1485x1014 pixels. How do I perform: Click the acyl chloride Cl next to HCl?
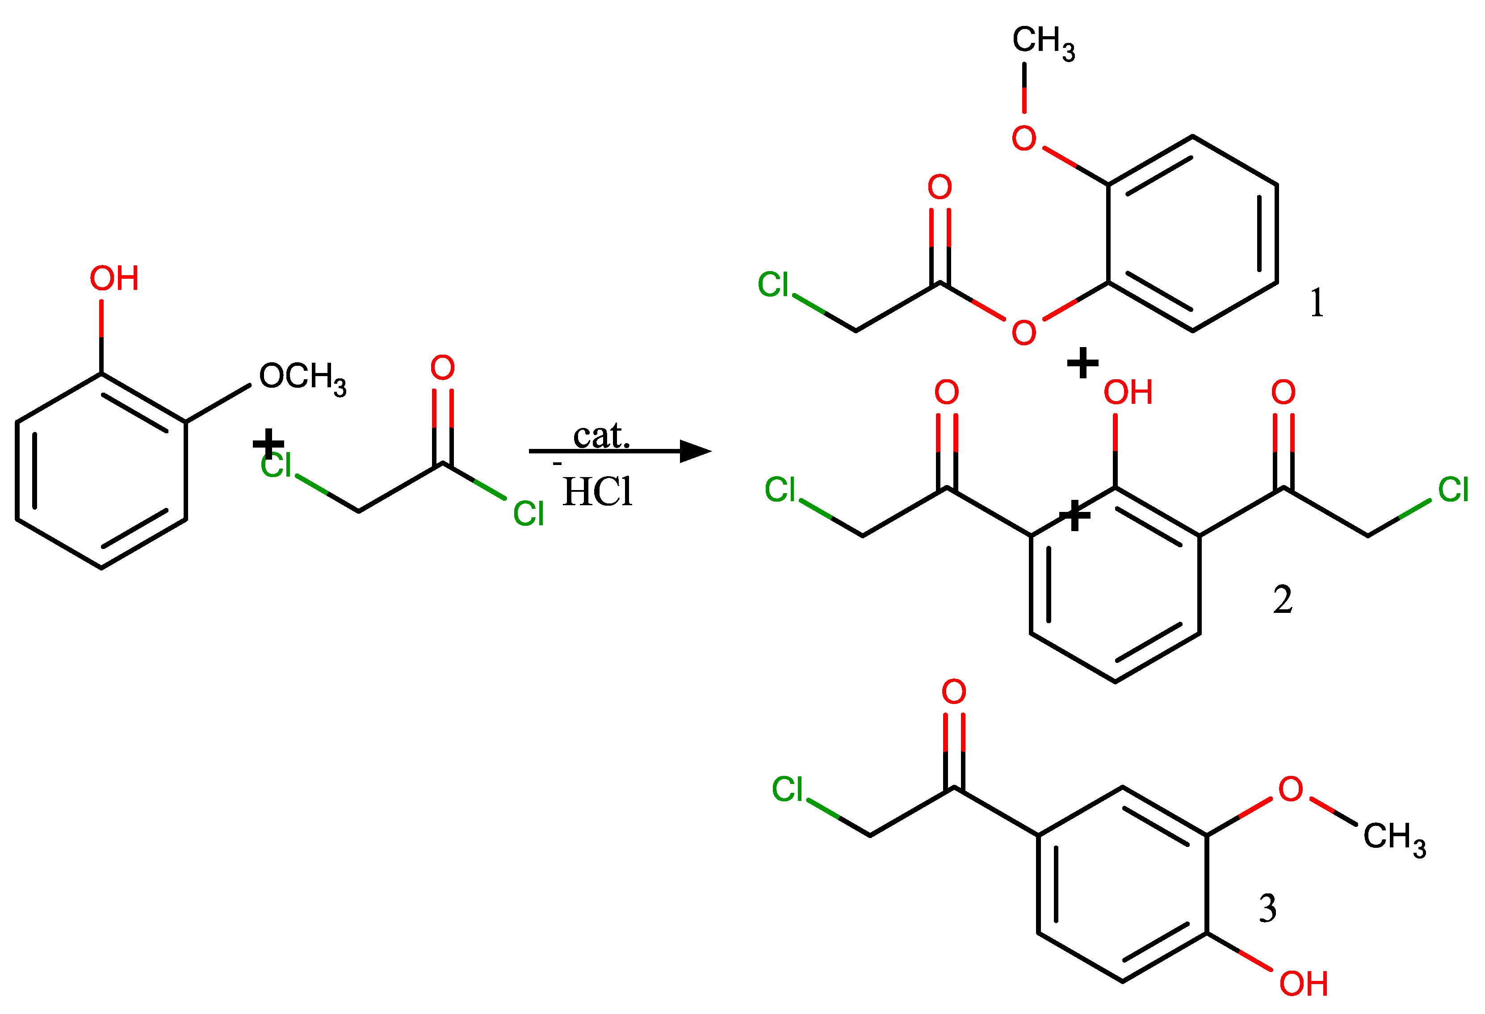point(529,514)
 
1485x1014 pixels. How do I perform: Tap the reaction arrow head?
point(696,451)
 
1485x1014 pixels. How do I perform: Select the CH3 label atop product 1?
point(1043,42)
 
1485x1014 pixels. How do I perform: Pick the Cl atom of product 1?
point(773,285)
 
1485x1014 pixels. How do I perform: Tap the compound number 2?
point(1283,599)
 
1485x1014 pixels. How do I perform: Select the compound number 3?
point(1268,908)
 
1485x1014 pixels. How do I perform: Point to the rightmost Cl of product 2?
point(1453,490)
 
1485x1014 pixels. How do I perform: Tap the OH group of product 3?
point(1304,984)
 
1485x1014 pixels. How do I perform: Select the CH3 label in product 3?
point(1394,838)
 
